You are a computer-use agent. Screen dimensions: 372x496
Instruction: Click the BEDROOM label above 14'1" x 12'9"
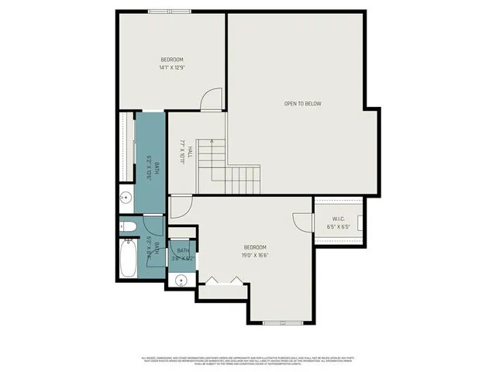coord(172,60)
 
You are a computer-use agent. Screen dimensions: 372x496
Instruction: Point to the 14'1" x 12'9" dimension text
coord(172,67)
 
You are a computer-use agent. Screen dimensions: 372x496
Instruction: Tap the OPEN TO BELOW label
coord(302,103)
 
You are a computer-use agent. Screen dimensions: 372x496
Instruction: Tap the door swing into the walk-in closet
coord(301,221)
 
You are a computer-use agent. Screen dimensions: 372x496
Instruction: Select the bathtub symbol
coord(128,260)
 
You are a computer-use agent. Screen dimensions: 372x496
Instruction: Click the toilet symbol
coord(129,226)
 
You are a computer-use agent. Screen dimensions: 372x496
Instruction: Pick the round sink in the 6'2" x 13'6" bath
coord(126,198)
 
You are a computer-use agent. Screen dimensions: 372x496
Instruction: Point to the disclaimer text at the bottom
coord(248,360)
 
